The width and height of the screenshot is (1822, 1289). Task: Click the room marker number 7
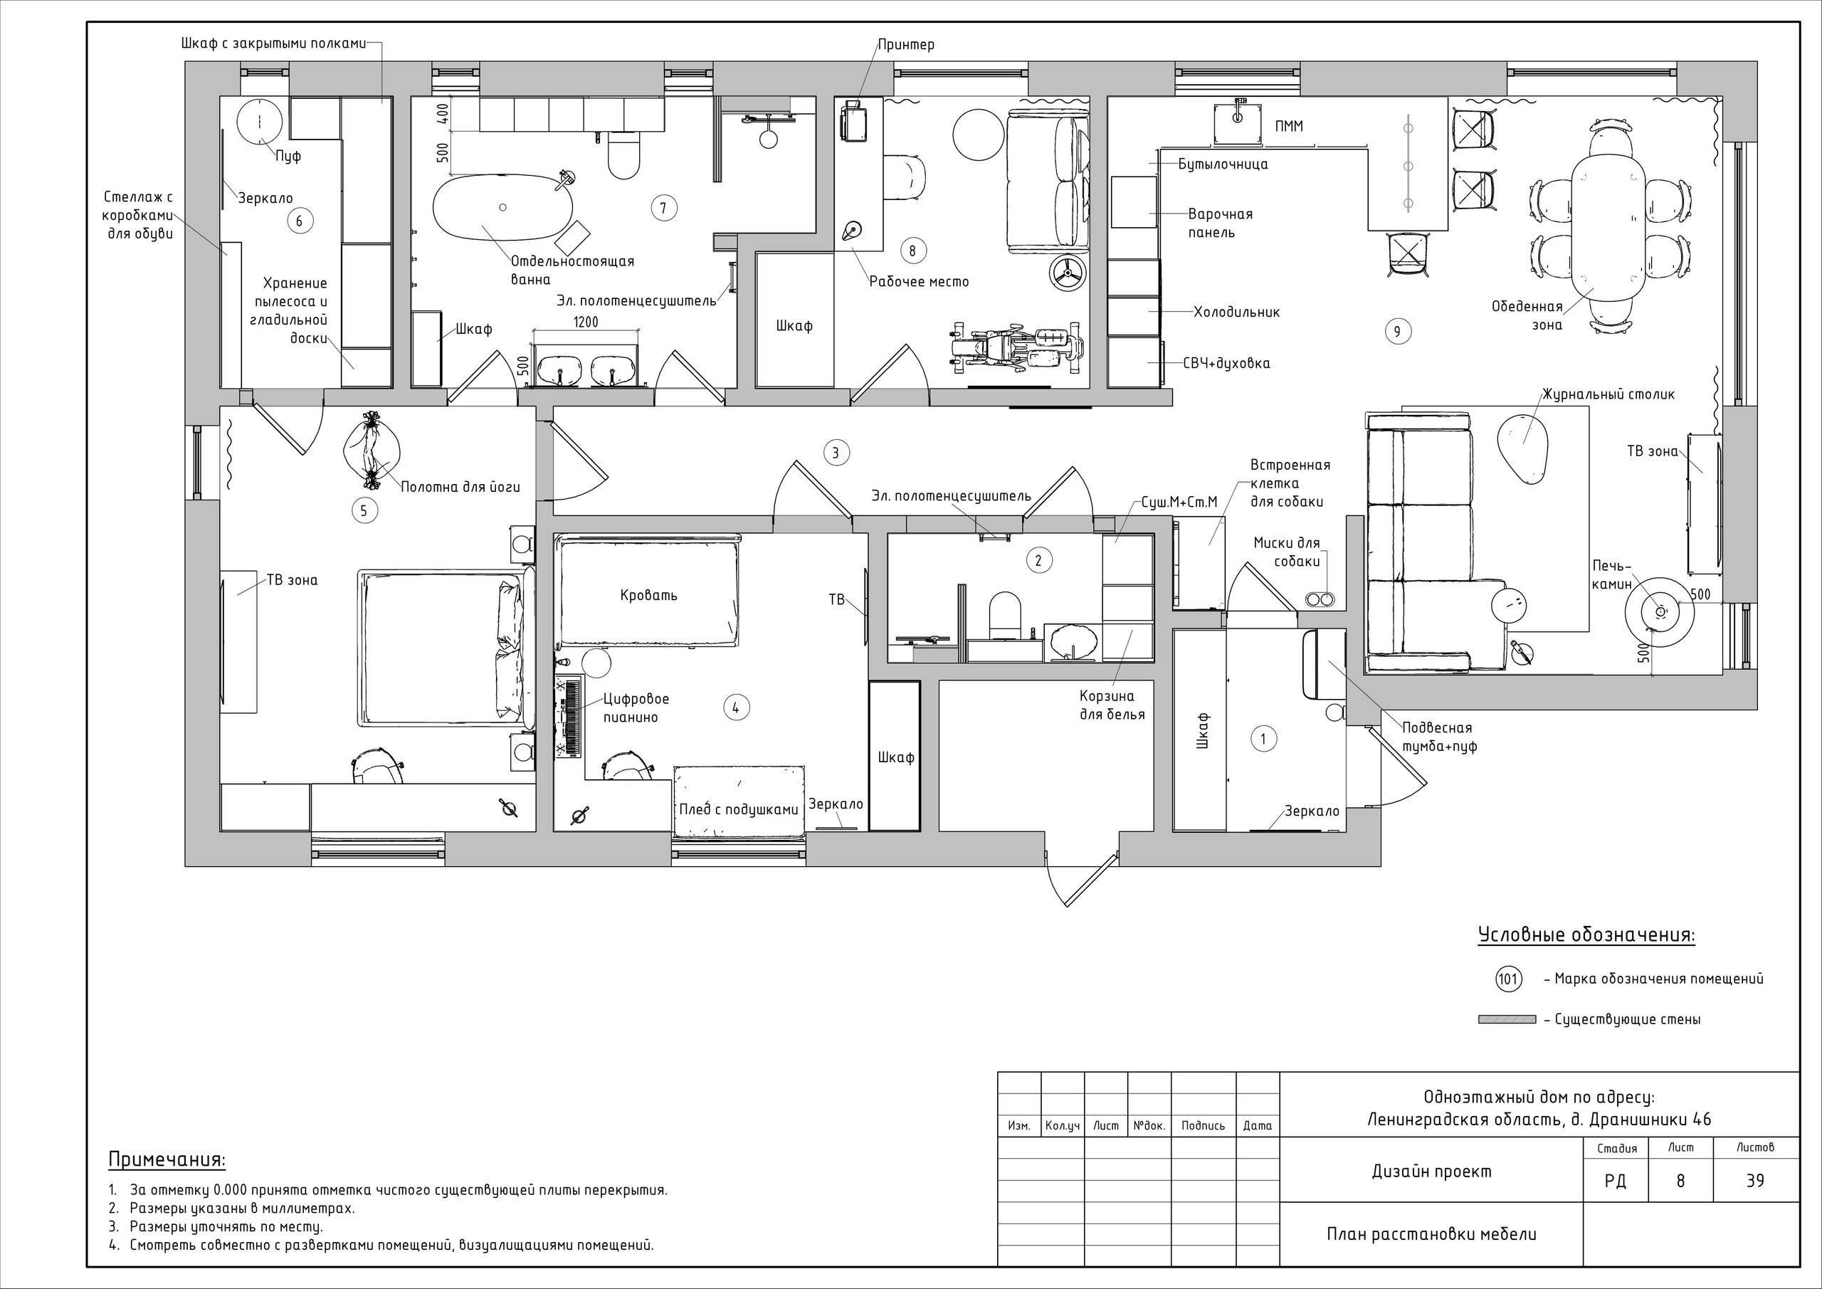click(663, 208)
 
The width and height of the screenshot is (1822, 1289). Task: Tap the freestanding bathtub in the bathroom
click(502, 207)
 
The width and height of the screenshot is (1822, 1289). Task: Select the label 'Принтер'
click(906, 44)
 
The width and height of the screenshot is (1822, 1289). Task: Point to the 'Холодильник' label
click(1236, 312)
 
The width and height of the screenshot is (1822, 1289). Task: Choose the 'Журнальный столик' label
click(1608, 394)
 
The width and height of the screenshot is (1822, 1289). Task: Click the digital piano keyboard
click(571, 717)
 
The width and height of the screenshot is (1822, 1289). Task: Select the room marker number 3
click(836, 453)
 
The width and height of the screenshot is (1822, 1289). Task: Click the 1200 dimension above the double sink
click(586, 322)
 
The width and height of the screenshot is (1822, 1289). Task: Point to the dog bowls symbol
click(1319, 599)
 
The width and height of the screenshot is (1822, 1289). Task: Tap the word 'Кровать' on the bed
click(649, 595)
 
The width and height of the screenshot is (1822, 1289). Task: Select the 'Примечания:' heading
click(167, 1159)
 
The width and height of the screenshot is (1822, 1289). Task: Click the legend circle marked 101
click(1507, 979)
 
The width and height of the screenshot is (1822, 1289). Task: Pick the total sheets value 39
click(1755, 1181)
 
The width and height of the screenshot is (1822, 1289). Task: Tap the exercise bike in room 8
click(1017, 347)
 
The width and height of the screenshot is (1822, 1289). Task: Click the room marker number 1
click(1263, 739)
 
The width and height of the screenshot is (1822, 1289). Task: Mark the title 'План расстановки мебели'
click(1431, 1234)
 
